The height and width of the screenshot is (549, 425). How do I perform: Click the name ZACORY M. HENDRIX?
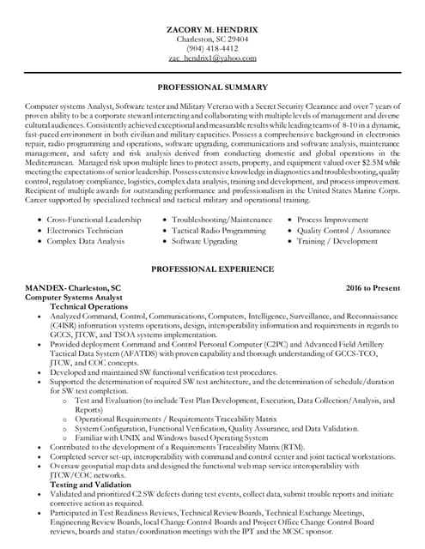coord(212,28)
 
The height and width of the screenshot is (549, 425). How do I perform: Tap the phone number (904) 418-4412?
coord(212,48)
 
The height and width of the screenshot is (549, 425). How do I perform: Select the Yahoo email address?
coord(212,57)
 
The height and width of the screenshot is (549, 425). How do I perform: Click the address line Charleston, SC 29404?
coord(212,39)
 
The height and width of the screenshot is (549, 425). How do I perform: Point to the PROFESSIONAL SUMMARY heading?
coord(212,88)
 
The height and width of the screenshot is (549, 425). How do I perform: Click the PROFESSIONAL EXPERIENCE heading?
coord(212,268)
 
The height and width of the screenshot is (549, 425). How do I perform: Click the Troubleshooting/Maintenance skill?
coord(222,220)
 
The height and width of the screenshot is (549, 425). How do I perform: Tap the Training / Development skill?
coord(337,242)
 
